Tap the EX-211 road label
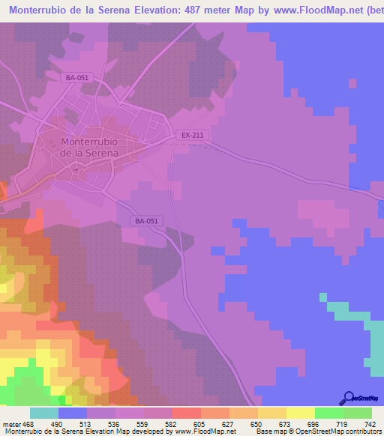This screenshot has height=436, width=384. [x=192, y=135]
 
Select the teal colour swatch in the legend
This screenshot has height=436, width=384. [x=44, y=414]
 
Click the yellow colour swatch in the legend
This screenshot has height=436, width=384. [x=301, y=414]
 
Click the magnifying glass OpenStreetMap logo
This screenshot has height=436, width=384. [x=348, y=398]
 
